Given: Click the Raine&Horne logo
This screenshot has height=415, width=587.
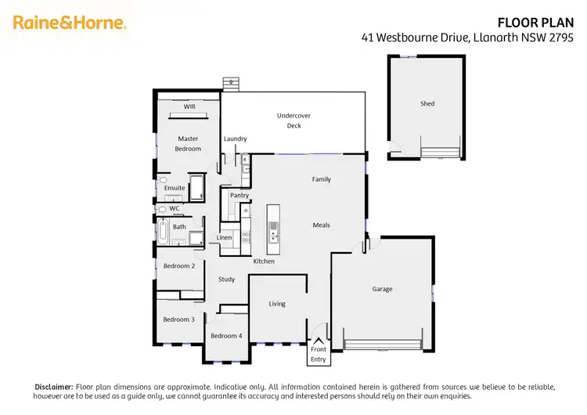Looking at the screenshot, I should point(69,23).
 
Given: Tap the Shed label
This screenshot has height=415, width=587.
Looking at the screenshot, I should point(427,103).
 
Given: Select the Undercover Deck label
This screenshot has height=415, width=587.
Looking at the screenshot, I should point(293,121).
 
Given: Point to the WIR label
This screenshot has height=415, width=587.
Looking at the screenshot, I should point(189,106).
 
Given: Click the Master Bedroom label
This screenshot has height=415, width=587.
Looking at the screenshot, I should point(188,143).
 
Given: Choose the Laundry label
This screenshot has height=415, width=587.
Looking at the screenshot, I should point(235,139).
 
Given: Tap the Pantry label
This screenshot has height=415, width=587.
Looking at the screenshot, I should point(239,195).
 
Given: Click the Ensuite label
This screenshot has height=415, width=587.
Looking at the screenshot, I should point(175,188).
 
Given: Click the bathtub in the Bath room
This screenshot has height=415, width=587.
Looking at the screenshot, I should point(163,233).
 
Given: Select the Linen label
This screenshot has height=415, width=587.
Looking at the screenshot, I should point(225,237).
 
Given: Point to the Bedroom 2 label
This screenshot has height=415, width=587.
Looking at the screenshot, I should point(178,266).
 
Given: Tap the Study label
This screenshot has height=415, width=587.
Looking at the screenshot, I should point(226,279).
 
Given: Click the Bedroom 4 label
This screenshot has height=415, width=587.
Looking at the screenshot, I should point(225,336).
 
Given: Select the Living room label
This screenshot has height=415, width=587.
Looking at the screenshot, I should point(277,304).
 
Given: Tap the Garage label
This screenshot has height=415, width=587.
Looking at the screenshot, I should point(382,289).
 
